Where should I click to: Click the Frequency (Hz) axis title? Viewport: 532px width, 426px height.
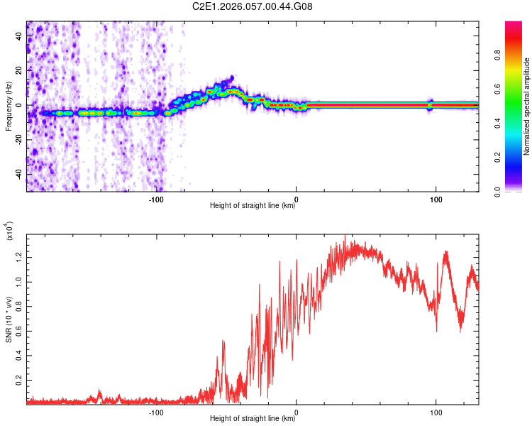[x=9, y=106]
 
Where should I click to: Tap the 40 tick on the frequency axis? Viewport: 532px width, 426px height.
[x=19, y=36]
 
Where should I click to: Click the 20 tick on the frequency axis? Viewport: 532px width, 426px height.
[x=19, y=71]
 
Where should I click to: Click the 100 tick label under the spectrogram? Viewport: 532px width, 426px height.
[x=436, y=199]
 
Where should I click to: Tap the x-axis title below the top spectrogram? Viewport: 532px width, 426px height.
[x=253, y=207]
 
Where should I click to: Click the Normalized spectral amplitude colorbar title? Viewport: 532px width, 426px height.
[x=527, y=106]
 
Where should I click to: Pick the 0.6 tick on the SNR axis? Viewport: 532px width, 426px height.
[x=19, y=331]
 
